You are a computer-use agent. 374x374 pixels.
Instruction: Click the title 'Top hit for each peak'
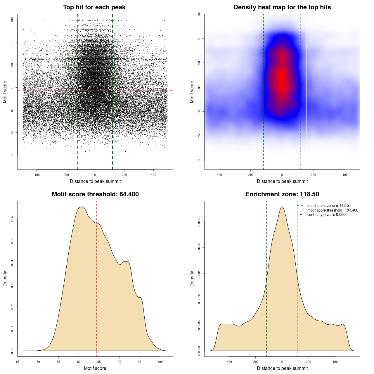pyautogui.click(x=94, y=7)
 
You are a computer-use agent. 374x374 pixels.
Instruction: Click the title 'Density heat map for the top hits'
pyautogui.click(x=282, y=7)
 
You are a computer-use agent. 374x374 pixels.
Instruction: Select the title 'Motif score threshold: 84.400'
pyautogui.click(x=95, y=194)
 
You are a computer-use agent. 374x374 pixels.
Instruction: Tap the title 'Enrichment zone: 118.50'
pyautogui.click(x=282, y=194)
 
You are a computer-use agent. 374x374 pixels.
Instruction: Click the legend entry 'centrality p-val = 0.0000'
pyautogui.click(x=327, y=215)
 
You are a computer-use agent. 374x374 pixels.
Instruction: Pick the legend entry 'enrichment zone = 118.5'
pyautogui.click(x=328, y=206)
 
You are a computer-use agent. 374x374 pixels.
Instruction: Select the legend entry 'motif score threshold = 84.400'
pyautogui.click(x=333, y=210)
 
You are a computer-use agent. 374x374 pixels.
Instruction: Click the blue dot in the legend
pyautogui.click(x=301, y=215)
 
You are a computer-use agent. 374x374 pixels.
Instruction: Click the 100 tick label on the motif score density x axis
pyautogui.click(x=160, y=362)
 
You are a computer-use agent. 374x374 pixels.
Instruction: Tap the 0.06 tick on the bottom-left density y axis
pyautogui.click(x=12, y=219)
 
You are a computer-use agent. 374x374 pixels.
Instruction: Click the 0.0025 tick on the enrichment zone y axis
pyautogui.click(x=199, y=222)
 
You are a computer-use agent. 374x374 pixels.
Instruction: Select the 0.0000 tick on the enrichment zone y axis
pyautogui.click(x=199, y=351)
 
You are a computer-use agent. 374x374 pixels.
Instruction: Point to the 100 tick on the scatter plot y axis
pyautogui.click(x=12, y=20)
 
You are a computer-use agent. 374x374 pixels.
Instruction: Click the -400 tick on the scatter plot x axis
pyautogui.click(x=37, y=175)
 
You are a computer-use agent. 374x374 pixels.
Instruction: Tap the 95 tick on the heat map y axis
pyautogui.click(x=199, y=38)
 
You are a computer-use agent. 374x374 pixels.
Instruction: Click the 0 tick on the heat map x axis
pyautogui.click(x=282, y=175)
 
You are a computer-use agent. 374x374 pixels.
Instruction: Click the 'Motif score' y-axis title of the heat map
pyautogui.click(x=192, y=92)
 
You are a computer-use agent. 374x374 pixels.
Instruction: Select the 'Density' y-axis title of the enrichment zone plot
pyautogui.click(x=192, y=278)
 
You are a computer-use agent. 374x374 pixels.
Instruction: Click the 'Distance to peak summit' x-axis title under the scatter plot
pyautogui.click(x=95, y=181)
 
